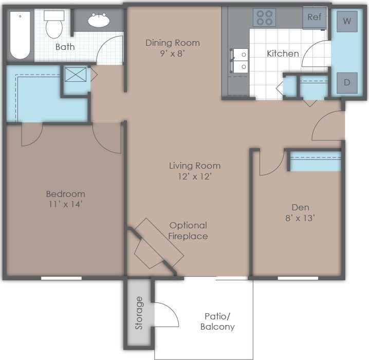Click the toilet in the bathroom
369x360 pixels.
pos(53,26)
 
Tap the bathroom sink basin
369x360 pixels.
pos(98,21)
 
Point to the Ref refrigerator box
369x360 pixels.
pos(314,17)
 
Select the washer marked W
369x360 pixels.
pos(347,21)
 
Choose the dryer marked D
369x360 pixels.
pos(347,82)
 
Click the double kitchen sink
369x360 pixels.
pos(240,61)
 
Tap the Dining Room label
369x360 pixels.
pos(172,43)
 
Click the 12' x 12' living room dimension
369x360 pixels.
pos(195,176)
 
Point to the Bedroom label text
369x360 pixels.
pos(65,194)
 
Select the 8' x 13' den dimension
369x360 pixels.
pos(300,218)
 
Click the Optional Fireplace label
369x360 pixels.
pos(188,230)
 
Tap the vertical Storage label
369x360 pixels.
pos(138,313)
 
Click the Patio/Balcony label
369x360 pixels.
pos(219,321)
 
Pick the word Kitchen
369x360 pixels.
pos(282,53)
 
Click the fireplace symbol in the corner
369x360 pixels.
pos(154,247)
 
